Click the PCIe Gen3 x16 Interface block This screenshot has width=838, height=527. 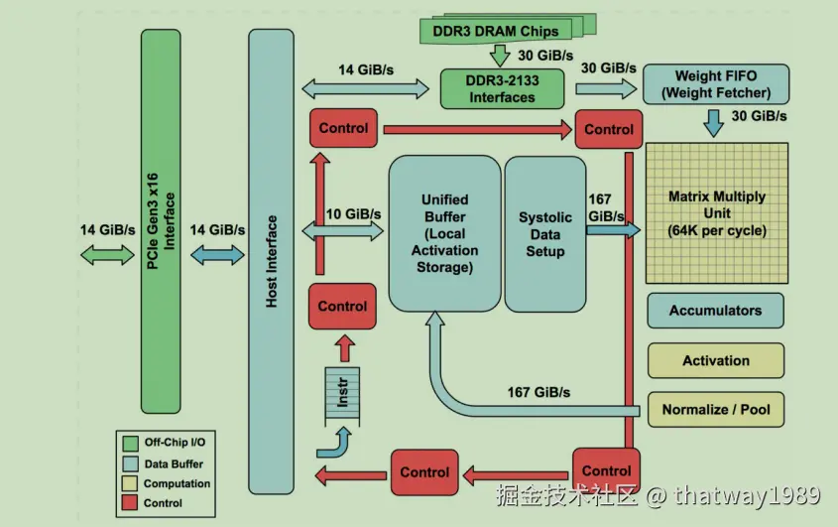[161, 221]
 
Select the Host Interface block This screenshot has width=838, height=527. [271, 261]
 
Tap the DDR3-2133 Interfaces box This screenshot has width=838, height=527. [502, 88]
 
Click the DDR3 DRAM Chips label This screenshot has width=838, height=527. [496, 31]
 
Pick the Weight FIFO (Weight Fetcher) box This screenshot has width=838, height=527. [716, 84]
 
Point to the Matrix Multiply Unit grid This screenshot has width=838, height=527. [717, 213]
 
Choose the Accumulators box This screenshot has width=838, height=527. [716, 311]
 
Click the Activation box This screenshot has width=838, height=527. [716, 360]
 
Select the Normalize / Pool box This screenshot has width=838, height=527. [716, 409]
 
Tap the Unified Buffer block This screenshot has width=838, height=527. [444, 233]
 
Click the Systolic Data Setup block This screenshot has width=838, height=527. [545, 234]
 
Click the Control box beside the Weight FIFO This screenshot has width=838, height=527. [609, 129]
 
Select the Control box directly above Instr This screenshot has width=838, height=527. [342, 306]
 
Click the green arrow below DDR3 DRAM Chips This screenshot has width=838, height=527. [500, 56]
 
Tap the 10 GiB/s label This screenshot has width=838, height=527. [353, 214]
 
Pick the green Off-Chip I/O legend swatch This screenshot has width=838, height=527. [130, 443]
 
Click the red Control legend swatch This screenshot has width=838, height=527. [130, 503]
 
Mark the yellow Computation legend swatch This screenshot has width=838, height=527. [130, 483]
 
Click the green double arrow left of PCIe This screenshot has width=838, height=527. [107, 255]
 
